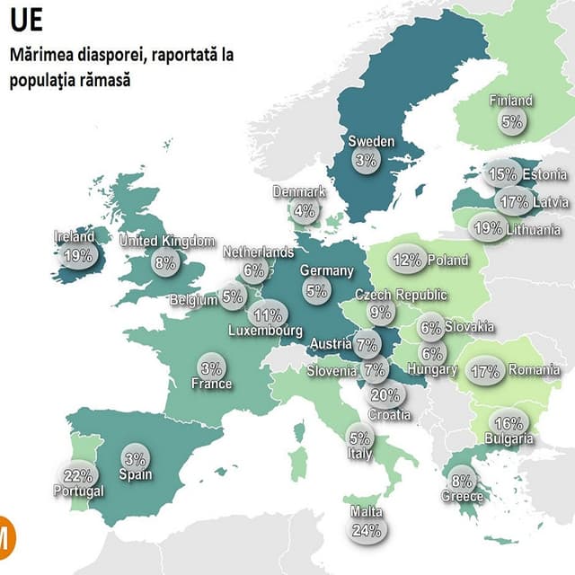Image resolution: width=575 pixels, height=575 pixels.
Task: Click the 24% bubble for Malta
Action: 366,530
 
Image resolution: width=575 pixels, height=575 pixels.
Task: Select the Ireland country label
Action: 75,236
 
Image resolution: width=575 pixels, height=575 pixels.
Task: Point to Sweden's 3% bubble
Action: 366,160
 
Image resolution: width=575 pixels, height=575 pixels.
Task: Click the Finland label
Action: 510,101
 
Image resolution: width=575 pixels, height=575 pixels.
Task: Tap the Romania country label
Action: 534,369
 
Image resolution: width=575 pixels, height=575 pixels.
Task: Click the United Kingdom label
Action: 167,241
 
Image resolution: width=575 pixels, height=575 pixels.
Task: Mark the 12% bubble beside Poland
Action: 407,261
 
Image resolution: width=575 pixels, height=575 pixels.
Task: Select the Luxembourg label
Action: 265,331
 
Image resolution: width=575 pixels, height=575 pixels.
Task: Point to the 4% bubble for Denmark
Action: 305,211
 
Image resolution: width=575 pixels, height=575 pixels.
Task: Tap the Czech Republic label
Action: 401,295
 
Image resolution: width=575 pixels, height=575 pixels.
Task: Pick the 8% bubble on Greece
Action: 462,481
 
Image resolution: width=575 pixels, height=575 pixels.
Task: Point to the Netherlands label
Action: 258,252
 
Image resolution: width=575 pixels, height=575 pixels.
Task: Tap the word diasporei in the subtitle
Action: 107,55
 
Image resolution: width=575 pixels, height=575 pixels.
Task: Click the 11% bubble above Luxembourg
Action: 268,315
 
